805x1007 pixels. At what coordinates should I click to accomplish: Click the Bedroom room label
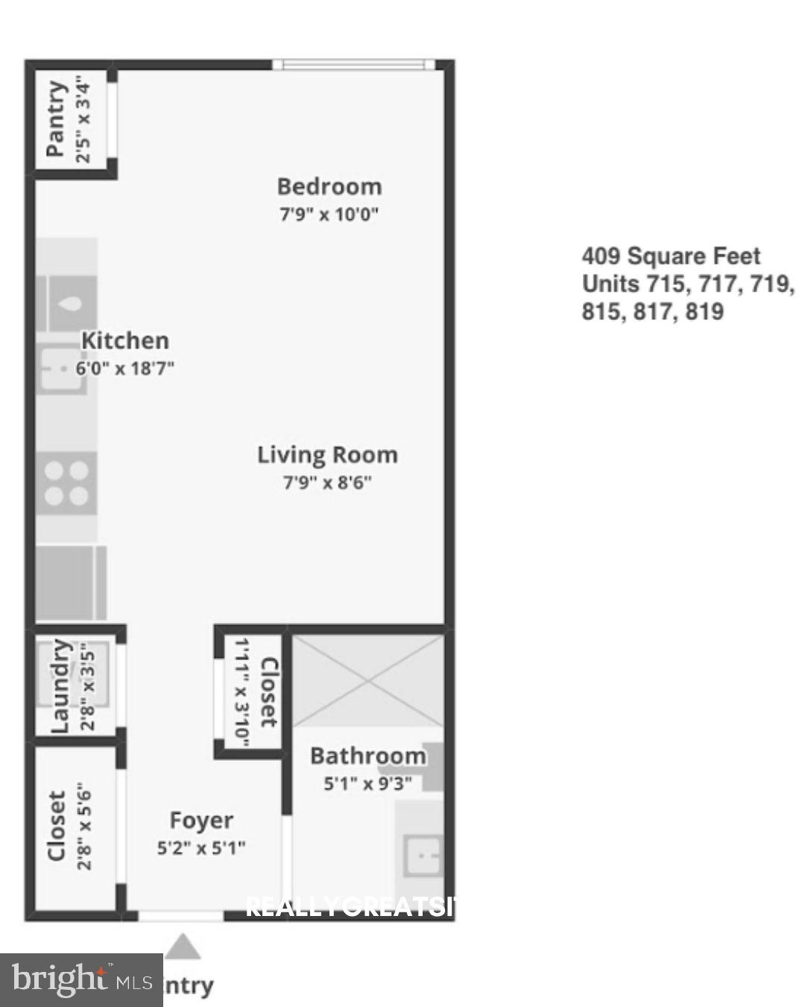(329, 186)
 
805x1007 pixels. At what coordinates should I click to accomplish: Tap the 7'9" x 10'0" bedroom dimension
(329, 215)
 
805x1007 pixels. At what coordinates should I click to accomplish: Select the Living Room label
(327, 455)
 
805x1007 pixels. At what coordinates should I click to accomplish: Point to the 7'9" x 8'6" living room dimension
(327, 483)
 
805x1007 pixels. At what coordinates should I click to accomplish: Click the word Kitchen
(124, 341)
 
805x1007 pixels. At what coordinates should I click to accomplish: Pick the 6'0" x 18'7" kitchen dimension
(124, 368)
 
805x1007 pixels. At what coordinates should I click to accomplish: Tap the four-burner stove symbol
(66, 483)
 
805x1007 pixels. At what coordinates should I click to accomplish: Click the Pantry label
(56, 119)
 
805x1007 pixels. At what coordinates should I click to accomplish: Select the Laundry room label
(60, 686)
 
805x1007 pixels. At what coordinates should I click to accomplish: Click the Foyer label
(201, 821)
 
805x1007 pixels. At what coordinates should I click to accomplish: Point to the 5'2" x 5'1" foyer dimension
(201, 848)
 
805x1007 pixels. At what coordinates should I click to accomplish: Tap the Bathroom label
(367, 756)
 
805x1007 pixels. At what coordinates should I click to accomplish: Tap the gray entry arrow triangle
(183, 948)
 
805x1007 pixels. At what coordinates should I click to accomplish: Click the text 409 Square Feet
(671, 257)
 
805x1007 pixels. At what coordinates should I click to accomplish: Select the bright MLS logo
(80, 979)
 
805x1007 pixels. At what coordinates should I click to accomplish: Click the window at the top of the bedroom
(353, 65)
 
